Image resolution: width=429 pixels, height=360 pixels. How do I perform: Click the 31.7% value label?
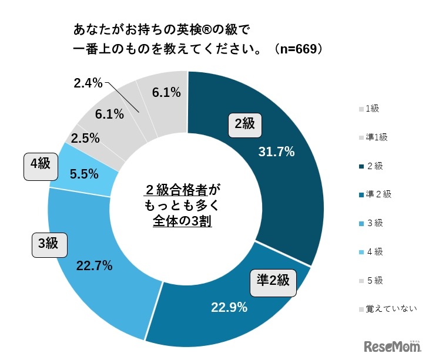276,152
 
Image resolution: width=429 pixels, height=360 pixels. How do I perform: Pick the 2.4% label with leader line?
89,83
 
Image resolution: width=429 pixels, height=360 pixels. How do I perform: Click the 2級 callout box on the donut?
244,124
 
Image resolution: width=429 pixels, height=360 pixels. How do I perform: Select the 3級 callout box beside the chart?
49,244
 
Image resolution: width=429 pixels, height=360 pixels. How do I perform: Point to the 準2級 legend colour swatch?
360,194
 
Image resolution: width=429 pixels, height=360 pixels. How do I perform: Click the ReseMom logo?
392,346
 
